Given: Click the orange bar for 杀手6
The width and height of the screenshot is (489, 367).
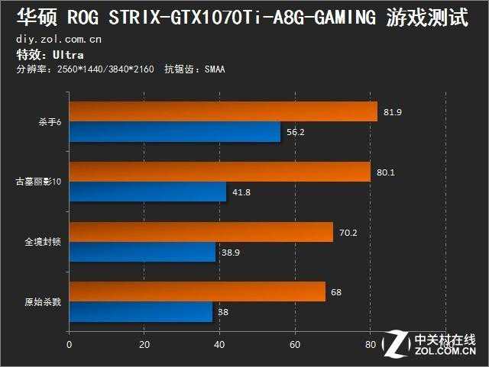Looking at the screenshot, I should click(223, 112).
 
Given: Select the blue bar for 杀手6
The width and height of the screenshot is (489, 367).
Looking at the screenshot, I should click(175, 132).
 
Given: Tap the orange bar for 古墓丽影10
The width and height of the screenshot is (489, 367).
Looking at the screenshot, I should click(220, 172).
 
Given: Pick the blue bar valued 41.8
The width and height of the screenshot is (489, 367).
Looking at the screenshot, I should click(147, 192).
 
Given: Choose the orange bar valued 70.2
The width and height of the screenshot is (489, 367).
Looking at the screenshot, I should click(201, 232).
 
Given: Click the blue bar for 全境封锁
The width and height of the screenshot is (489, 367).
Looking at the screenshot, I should click(142, 252).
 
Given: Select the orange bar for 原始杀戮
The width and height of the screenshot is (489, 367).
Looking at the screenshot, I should click(197, 291).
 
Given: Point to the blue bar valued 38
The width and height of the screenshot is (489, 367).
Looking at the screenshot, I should click(141, 311).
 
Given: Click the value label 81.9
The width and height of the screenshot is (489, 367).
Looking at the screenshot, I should click(393, 112).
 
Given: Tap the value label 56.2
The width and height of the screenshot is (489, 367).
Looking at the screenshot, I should click(295, 131).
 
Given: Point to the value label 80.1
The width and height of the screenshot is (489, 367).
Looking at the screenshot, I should click(386, 172).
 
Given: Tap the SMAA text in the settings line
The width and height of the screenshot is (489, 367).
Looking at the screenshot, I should click(214, 69).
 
